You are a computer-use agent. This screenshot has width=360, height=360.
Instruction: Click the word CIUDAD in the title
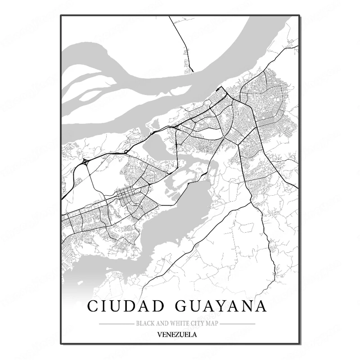(x=119, y=306)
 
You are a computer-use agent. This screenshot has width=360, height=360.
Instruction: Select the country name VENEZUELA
(x=177, y=334)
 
